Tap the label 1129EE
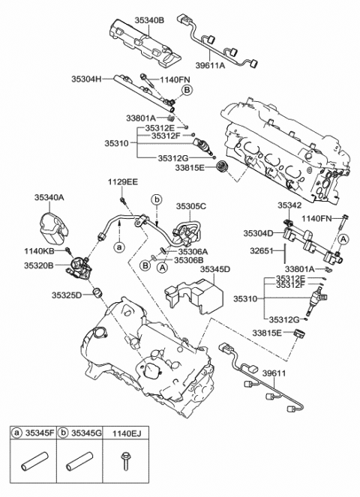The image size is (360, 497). coord(122,182)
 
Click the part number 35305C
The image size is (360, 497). coord(190,205)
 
